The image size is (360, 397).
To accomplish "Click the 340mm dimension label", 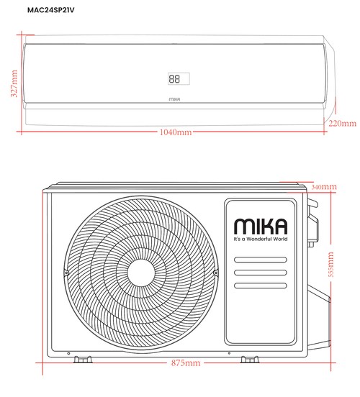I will click(325, 187).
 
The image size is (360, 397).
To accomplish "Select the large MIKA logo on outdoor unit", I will click(260, 224).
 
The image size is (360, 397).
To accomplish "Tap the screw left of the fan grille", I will click(66, 274).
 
